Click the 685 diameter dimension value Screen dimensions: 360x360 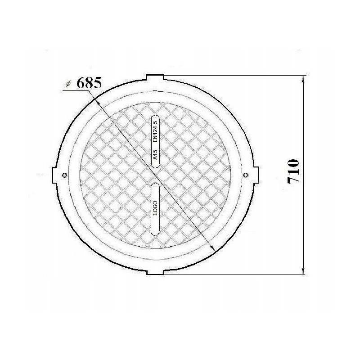click(x=89, y=83)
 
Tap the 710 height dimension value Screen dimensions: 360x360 click(x=293, y=171)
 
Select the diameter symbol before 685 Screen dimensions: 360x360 click(x=68, y=84)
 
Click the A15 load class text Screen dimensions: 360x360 click(x=155, y=154)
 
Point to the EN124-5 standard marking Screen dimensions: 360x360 click(x=155, y=131)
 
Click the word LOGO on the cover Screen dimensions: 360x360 click(x=155, y=208)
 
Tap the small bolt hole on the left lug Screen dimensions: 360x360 click(x=64, y=175)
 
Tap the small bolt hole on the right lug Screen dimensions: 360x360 click(x=245, y=175)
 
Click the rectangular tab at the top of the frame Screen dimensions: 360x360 click(x=155, y=77)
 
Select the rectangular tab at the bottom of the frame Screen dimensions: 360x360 click(x=155, y=272)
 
